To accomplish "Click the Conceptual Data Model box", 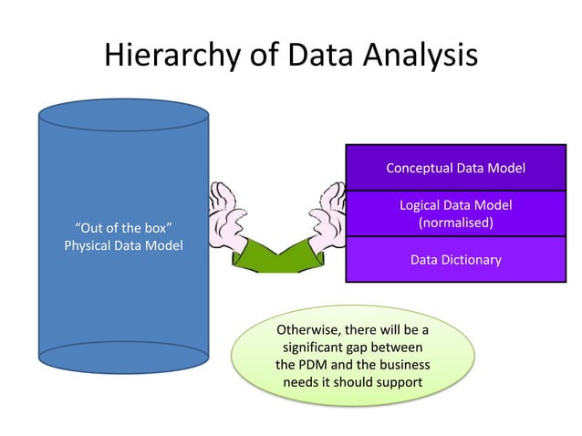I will pyautogui.click(x=455, y=168).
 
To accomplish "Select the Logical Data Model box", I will pyautogui.click(x=455, y=213).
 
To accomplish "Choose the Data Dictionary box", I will pyautogui.click(x=455, y=260).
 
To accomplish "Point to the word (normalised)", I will pyautogui.click(x=455, y=223).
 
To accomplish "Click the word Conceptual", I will pyautogui.click(x=421, y=168).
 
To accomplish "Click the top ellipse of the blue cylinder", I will pyautogui.click(x=123, y=116).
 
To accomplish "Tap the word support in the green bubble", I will pyautogui.click(x=399, y=381).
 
